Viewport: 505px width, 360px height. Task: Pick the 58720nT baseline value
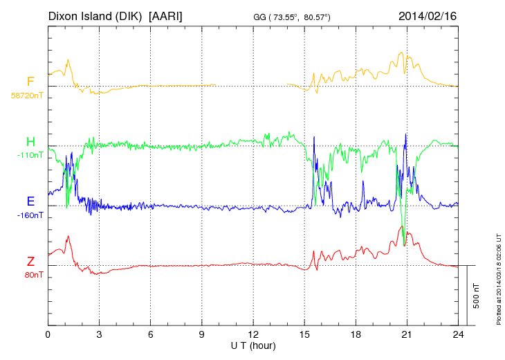click(x=26, y=96)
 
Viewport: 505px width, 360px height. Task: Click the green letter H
click(x=30, y=142)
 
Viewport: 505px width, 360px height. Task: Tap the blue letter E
click(x=30, y=201)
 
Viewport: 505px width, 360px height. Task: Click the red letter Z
click(x=30, y=262)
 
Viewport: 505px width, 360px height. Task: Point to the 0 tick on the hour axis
click(x=48, y=334)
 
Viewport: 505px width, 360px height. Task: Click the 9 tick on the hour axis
click(x=202, y=334)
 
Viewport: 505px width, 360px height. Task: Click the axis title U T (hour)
click(x=253, y=345)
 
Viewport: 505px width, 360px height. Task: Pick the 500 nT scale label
click(x=477, y=296)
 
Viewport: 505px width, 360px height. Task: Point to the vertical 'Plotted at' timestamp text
click(x=498, y=277)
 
